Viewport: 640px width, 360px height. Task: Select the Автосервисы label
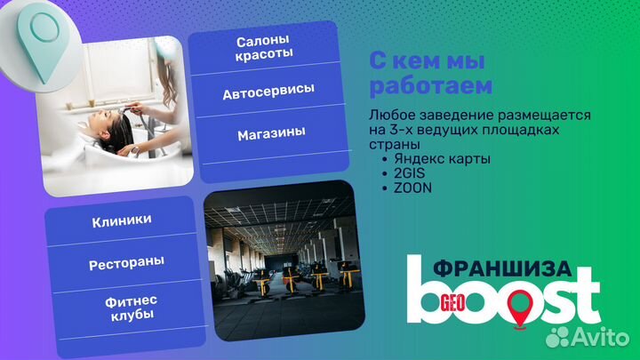[x=268, y=92]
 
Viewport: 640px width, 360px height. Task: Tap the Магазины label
[x=271, y=133]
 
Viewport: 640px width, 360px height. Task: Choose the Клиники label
[x=121, y=220]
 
